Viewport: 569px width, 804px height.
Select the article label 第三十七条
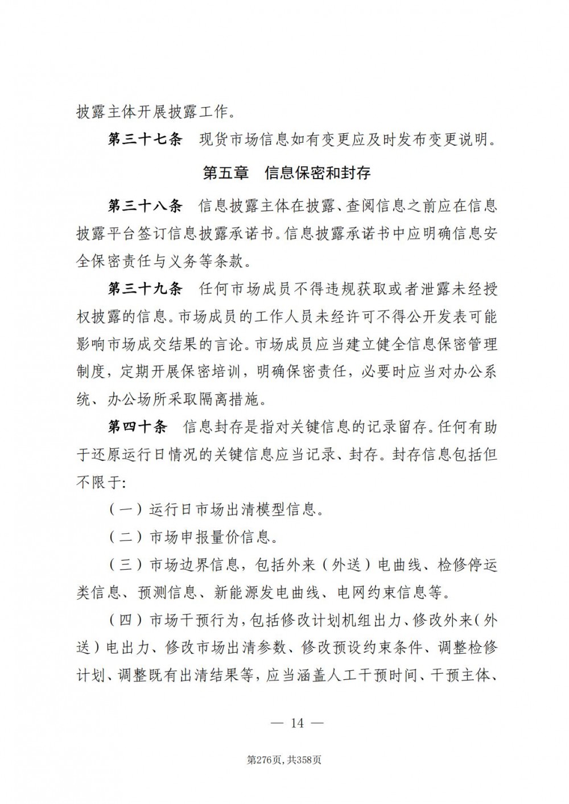(145, 140)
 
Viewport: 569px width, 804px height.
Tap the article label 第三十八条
(145, 206)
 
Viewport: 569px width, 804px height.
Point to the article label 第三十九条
(145, 289)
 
